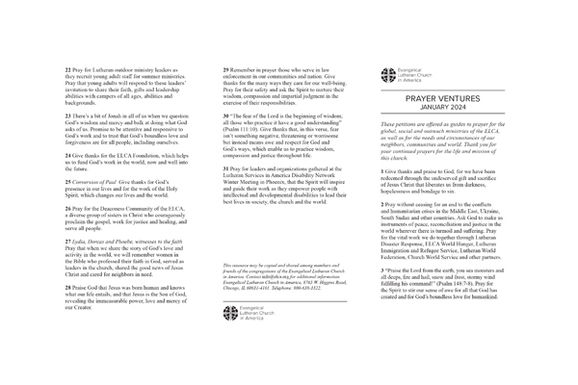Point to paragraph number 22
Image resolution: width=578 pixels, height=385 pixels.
click(x=66, y=70)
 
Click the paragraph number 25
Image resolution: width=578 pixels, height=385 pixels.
click(x=66, y=183)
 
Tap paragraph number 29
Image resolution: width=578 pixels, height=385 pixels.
click(x=225, y=70)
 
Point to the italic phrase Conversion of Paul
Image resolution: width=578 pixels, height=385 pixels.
click(x=97, y=183)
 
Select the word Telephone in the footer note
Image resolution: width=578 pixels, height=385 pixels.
click(x=289, y=258)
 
